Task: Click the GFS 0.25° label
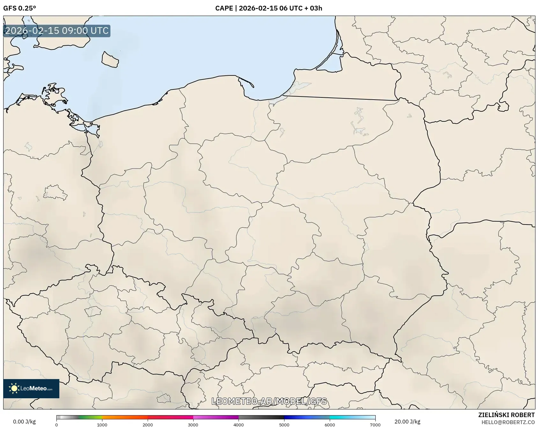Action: (x=19, y=8)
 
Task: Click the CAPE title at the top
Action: (x=225, y=8)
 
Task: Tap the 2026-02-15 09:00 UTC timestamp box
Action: (x=57, y=31)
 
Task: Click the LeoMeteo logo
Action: (x=31, y=388)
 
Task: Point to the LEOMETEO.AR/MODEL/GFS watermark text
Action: (x=269, y=401)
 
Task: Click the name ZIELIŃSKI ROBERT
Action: (x=506, y=415)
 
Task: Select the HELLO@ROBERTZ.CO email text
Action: (x=508, y=422)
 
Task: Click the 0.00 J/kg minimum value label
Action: (x=24, y=422)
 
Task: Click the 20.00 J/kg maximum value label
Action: (x=407, y=422)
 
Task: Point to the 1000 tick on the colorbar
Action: (x=102, y=424)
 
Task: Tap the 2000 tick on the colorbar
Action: (x=148, y=424)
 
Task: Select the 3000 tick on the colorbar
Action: (x=193, y=424)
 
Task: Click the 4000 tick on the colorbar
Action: (x=239, y=424)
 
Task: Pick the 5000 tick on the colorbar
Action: (x=284, y=424)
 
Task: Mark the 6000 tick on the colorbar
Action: (x=330, y=424)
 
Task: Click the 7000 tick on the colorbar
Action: (x=375, y=424)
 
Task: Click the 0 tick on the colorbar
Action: (x=56, y=424)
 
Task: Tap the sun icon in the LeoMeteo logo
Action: (x=14, y=388)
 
